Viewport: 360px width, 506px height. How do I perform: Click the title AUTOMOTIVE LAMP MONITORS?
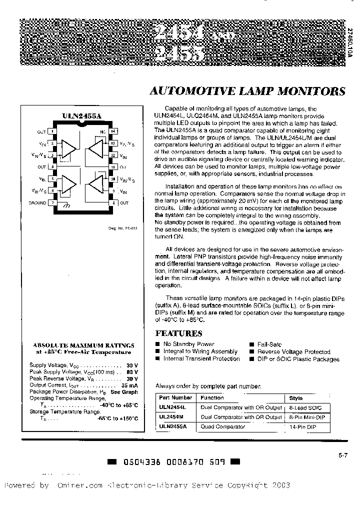point(247,91)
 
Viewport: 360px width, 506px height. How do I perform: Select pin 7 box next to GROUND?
point(52,203)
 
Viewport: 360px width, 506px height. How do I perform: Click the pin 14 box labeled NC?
point(113,131)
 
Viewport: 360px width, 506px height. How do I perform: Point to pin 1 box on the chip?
point(52,131)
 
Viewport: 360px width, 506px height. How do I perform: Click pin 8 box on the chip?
point(113,203)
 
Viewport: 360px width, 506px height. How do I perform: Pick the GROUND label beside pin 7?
point(37,203)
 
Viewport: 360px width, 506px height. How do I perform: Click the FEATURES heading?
point(178,333)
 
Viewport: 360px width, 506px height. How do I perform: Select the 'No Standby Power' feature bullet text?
point(188,344)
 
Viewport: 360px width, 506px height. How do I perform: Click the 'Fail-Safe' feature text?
point(269,344)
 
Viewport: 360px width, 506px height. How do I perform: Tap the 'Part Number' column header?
point(175,398)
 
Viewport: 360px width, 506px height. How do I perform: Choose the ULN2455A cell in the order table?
point(172,426)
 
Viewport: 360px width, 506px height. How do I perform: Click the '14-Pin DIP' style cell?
point(302,426)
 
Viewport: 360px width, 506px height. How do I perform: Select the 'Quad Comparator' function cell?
point(222,426)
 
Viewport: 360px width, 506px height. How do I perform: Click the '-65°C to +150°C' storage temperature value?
point(118,418)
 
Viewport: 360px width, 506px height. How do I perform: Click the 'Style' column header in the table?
point(296,398)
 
